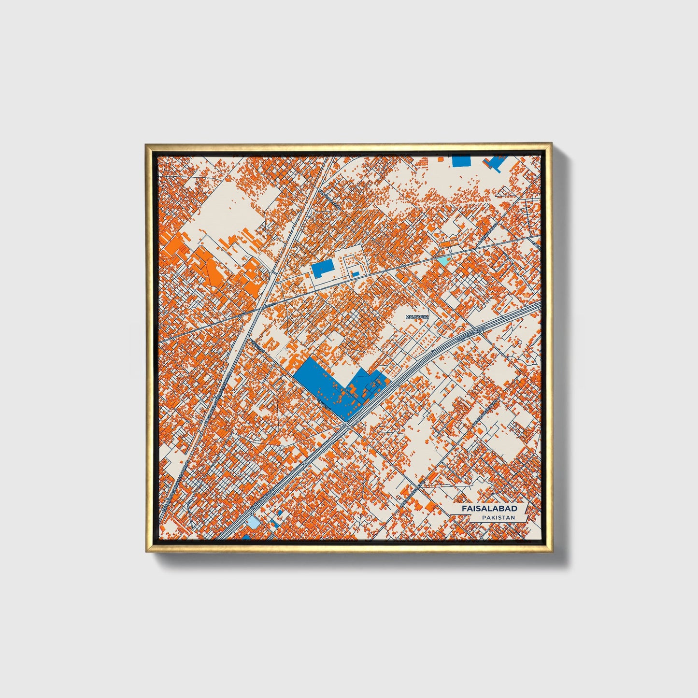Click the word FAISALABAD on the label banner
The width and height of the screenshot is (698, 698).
tap(489, 509)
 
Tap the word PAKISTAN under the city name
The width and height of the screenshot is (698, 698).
tap(498, 517)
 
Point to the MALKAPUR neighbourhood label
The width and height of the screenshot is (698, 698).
tap(417, 316)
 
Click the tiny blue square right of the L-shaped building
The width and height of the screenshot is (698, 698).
tap(356, 274)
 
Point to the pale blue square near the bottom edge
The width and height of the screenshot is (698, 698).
tap(253, 522)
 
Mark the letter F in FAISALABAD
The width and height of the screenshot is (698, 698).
tap(464, 509)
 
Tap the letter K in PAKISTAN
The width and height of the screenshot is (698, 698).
tap(493, 517)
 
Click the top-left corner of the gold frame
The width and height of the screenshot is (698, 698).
tap(145, 144)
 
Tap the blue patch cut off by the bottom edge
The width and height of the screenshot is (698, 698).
tap(245, 537)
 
